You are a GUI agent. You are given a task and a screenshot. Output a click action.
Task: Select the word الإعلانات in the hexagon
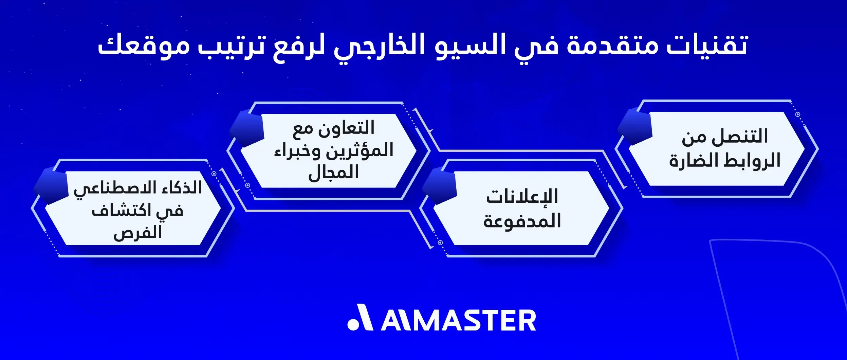pos(522,196)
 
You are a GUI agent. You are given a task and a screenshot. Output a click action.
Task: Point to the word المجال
pos(333,173)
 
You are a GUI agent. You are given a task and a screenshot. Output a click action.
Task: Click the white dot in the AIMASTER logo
pos(353,324)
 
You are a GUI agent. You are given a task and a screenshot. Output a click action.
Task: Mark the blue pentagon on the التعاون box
pos(247,129)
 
